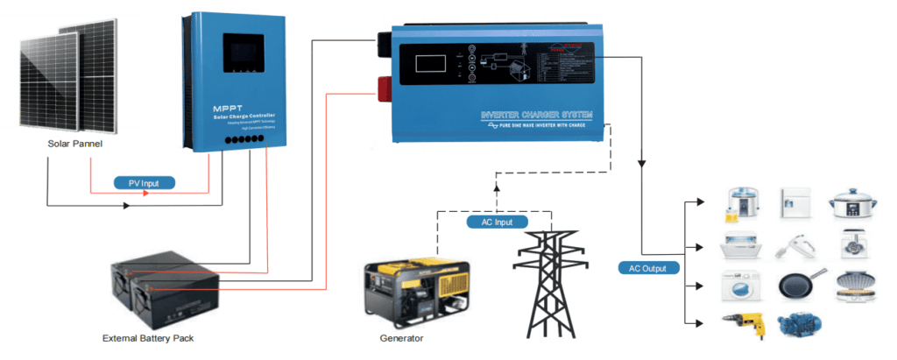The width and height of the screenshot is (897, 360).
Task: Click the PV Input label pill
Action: coord(145,183)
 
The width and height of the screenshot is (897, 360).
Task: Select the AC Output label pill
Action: coord(648,268)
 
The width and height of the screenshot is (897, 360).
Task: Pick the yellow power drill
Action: coord(745,326)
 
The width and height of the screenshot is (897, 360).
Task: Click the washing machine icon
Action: coord(739,286)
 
